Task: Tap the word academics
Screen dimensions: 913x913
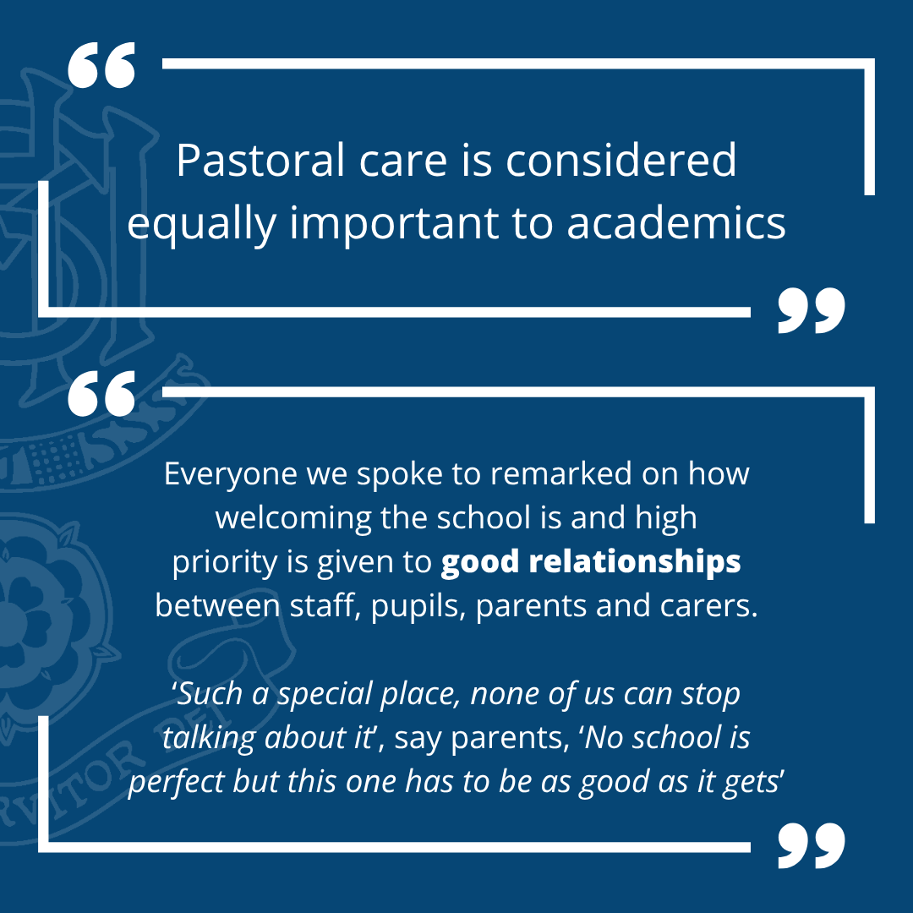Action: pyautogui.click(x=676, y=223)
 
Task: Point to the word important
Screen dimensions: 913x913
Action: pyautogui.click(x=395, y=223)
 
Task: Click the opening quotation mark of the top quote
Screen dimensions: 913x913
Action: pyautogui.click(x=101, y=64)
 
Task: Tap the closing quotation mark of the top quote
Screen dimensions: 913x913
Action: pyautogui.click(x=811, y=310)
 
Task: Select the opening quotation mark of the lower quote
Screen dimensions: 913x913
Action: pyautogui.click(x=101, y=394)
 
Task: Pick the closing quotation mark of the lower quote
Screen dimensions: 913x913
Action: pyautogui.click(x=811, y=846)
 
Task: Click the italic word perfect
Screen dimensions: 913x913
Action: pyautogui.click(x=177, y=783)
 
